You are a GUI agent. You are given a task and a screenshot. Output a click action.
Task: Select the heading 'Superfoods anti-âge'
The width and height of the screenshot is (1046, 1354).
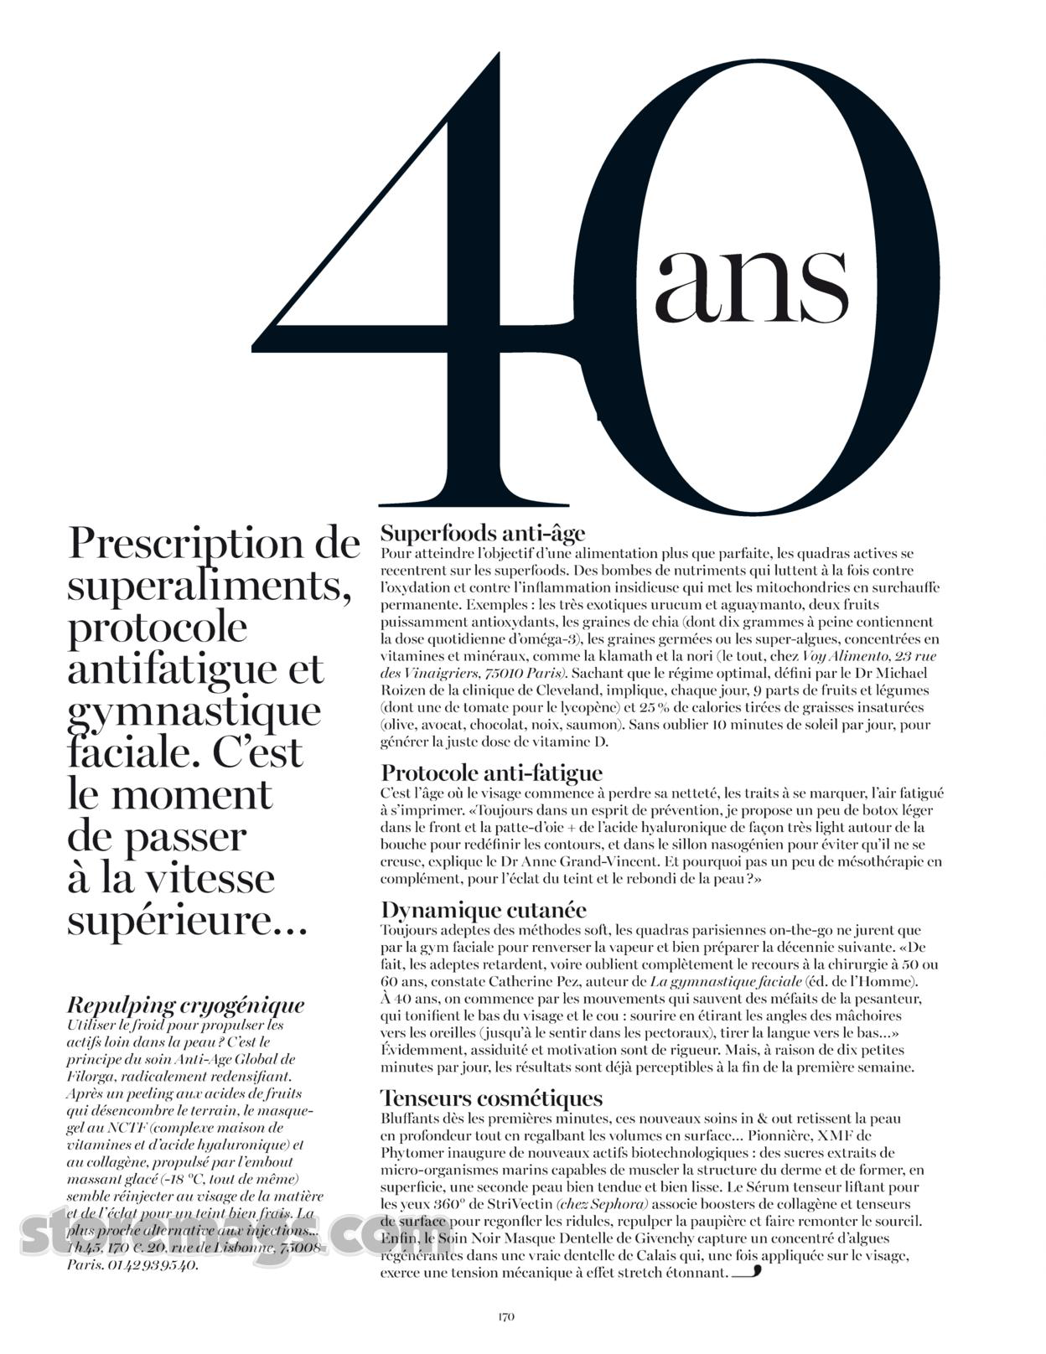[x=483, y=533]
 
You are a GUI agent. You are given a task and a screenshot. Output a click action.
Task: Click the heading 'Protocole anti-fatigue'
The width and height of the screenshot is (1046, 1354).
[x=491, y=772]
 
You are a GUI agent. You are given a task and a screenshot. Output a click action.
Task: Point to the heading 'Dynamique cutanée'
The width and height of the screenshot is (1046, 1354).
[x=484, y=910]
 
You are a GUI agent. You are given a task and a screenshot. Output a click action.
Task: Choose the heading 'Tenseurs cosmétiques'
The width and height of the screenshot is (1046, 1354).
[x=491, y=1098]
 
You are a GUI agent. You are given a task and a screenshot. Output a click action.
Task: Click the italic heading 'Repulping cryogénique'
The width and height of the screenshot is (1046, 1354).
[x=185, y=1005]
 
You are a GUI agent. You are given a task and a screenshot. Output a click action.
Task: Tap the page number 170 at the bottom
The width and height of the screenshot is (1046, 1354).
[x=505, y=1316]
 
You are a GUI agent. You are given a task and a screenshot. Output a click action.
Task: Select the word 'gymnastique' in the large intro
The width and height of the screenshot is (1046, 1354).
[x=194, y=711]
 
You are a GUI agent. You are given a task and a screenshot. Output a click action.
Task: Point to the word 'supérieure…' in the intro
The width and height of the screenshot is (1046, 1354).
[x=188, y=921]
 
